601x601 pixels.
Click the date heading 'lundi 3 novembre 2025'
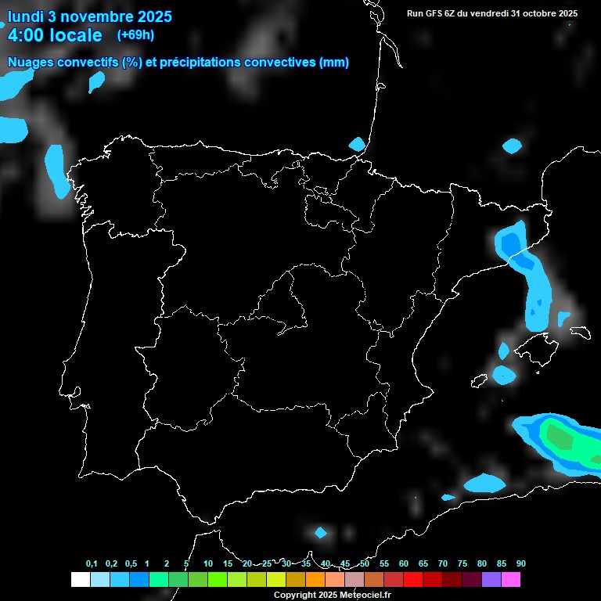pos(89,16)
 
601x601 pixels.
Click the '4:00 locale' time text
pos(55,35)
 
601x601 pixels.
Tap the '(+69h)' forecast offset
pos(135,34)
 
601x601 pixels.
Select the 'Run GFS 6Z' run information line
pos(492,13)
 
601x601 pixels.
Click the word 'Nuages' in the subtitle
pos(31,63)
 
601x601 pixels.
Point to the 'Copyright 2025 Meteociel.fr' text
pos(332,595)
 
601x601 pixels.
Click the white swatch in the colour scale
pos(80,580)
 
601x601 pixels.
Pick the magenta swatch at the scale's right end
pos(511,580)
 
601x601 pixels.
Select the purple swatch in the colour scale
pos(491,580)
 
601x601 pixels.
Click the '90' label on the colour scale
pos(521,563)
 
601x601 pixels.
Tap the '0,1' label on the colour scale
pos(92,563)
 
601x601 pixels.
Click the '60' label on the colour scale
pos(404,563)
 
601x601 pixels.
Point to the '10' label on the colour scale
pos(208,563)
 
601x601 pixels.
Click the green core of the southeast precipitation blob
pos(559,434)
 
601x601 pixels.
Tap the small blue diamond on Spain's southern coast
pos(320,533)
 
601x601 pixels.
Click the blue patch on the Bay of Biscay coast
pos(357,144)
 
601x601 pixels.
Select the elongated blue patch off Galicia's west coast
pos(57,171)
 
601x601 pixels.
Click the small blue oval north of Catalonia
pos(512,146)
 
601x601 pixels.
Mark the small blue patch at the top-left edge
pos(96,81)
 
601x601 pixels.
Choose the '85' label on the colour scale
pos(502,563)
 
